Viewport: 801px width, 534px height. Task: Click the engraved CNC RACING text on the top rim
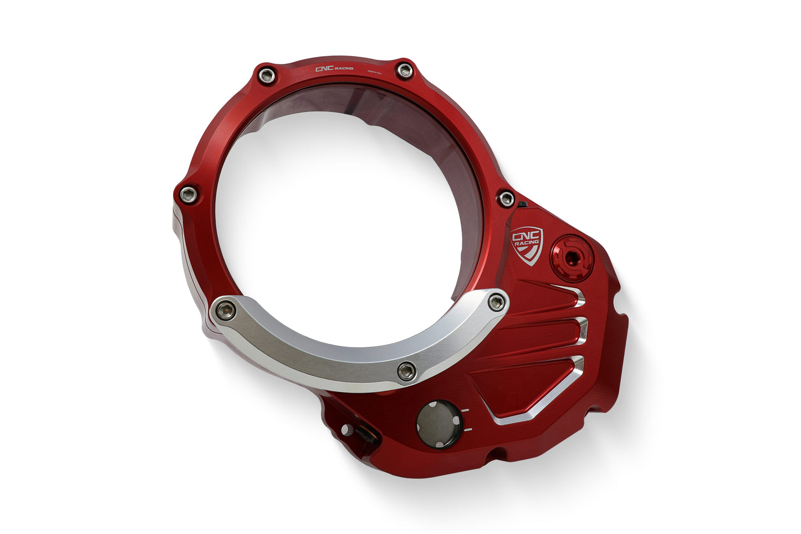(x=334, y=69)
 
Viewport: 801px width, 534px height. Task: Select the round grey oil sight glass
(x=438, y=422)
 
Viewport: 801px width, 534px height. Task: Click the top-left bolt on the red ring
(x=267, y=75)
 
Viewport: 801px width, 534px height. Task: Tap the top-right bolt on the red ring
(x=405, y=71)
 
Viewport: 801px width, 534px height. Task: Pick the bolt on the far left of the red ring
(x=187, y=194)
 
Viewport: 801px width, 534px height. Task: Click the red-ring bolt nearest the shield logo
(x=506, y=199)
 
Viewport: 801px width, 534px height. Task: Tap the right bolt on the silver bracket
(x=497, y=302)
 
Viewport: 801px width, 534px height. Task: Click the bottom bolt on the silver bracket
(x=406, y=371)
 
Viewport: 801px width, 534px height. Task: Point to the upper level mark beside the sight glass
(x=466, y=410)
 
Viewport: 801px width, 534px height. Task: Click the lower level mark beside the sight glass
(x=468, y=430)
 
